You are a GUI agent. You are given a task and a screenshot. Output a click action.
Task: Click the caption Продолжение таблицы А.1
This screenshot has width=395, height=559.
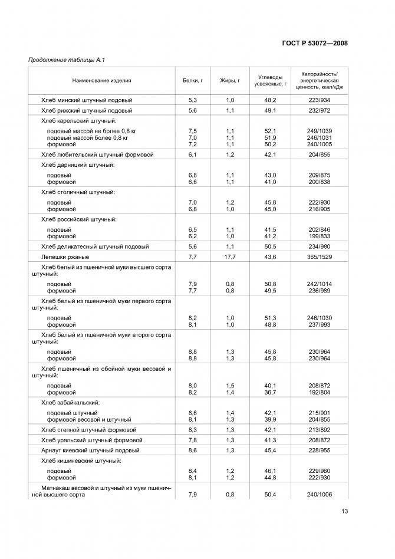click(67, 60)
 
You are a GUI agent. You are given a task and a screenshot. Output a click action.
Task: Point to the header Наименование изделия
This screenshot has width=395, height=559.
click(102, 81)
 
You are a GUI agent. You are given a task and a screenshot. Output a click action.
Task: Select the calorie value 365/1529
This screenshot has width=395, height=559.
click(320, 257)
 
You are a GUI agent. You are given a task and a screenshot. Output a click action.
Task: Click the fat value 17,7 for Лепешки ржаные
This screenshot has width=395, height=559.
click(230, 257)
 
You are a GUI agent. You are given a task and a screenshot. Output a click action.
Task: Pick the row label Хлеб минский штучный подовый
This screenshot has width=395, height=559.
click(87, 100)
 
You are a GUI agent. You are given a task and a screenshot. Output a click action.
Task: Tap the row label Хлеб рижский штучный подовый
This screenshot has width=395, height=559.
click(87, 110)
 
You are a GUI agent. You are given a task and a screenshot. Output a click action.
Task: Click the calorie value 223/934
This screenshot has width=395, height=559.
click(320, 100)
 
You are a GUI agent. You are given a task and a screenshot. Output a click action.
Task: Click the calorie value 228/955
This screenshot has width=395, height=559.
click(320, 450)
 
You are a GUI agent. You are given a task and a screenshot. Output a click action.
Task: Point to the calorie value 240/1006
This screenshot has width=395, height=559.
click(320, 495)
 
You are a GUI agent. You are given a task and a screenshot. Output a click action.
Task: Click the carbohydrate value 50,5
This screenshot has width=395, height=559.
click(271, 246)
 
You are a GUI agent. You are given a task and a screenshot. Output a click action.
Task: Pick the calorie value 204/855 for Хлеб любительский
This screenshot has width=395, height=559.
click(320, 154)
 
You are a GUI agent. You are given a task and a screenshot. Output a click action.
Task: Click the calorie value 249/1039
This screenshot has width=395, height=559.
click(320, 130)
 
